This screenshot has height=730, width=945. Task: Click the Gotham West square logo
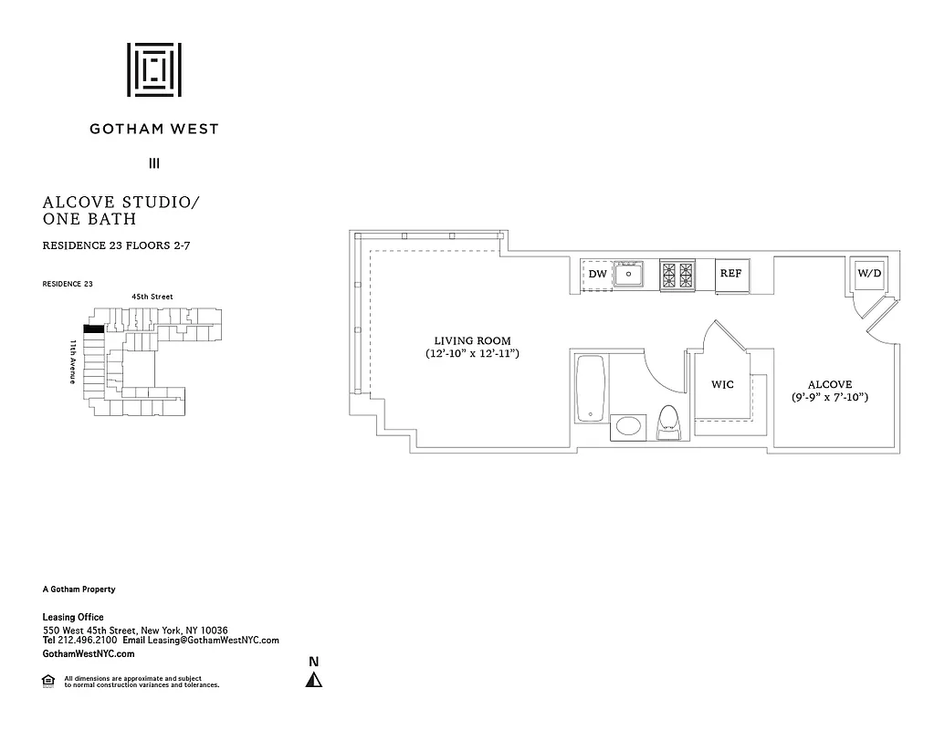[153, 69]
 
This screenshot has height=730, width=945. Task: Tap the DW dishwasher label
[597, 274]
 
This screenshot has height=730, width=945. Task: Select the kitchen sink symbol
[628, 273]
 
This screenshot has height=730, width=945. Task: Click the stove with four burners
[677, 273]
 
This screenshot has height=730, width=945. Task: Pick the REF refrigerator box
[730, 274]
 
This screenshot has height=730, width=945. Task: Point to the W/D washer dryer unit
[867, 273]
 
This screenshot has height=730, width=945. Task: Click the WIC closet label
[722, 385]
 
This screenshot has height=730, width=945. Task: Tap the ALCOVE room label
[829, 385]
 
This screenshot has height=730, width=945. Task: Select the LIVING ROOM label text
[472, 340]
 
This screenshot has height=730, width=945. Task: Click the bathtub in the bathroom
[591, 389]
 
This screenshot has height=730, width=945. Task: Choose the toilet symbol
[669, 422]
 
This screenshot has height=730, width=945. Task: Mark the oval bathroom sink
[627, 425]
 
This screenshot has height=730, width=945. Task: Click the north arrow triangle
[313, 679]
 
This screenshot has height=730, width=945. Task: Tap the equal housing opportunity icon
[49, 680]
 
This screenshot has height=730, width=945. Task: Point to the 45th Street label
[152, 297]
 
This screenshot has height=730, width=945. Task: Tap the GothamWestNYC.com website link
[89, 653]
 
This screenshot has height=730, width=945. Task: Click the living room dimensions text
[472, 353]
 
